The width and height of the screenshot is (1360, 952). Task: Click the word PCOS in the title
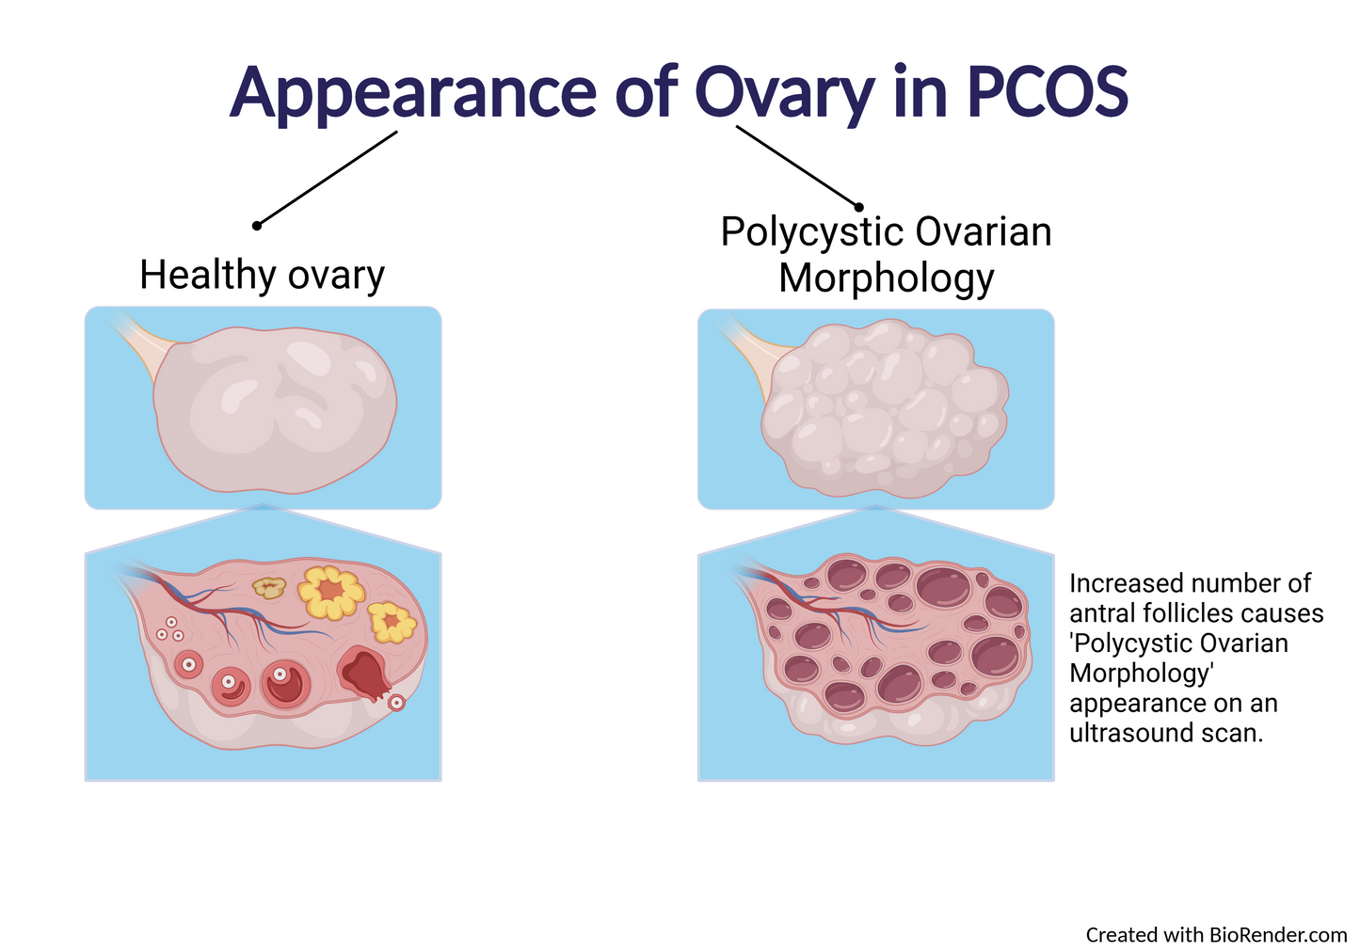click(1047, 92)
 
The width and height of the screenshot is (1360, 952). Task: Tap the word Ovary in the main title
click(785, 92)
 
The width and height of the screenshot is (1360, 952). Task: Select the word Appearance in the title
click(412, 92)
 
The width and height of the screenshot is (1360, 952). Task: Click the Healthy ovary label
click(262, 275)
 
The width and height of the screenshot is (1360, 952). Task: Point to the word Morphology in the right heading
click(886, 278)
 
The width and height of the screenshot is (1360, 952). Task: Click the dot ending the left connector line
click(256, 226)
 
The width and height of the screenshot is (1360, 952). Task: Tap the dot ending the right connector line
click(858, 206)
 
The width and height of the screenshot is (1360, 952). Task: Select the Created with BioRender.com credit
click(1216, 934)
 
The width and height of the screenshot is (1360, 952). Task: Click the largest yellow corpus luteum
click(330, 592)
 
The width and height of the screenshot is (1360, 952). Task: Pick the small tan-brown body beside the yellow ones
click(269, 588)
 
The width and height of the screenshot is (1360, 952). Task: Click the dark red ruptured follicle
click(365, 673)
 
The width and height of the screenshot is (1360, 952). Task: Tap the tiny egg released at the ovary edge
click(397, 702)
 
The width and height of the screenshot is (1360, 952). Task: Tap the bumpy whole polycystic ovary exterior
click(885, 406)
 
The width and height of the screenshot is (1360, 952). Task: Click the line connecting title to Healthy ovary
click(327, 179)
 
